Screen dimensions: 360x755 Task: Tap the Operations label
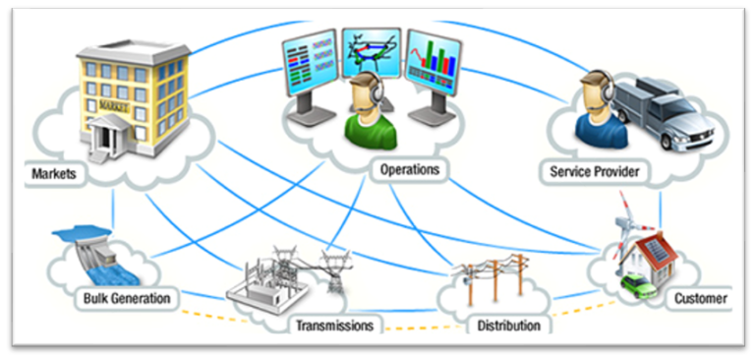click(x=409, y=170)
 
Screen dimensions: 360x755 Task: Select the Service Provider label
click(x=595, y=172)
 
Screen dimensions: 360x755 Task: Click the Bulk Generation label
click(x=127, y=297)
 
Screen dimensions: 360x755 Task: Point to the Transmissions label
click(x=335, y=325)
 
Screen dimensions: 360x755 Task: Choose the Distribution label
click(x=507, y=325)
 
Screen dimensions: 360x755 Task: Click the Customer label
click(x=701, y=297)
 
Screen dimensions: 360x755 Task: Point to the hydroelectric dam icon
click(x=88, y=250)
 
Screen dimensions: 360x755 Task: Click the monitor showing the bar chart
click(x=434, y=65)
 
